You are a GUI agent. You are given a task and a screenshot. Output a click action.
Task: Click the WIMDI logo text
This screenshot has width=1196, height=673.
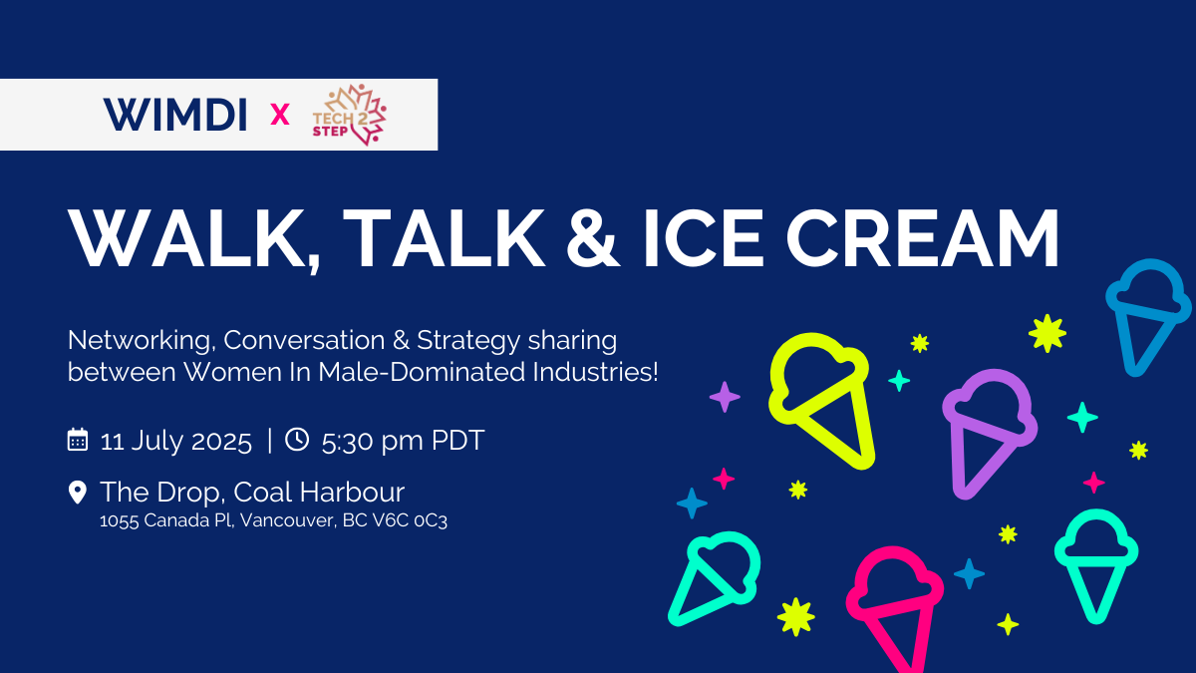pos(175,115)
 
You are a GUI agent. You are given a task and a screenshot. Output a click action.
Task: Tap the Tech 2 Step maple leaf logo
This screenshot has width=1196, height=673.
pos(349,115)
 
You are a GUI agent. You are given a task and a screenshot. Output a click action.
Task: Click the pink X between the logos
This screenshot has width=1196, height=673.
pos(280,115)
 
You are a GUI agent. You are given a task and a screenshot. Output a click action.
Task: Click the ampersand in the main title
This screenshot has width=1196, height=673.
pos(593,237)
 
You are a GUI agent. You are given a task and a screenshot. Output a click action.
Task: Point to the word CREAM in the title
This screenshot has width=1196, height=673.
pos(923,237)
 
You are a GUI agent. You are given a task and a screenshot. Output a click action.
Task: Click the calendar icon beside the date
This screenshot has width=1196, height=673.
pos(78,440)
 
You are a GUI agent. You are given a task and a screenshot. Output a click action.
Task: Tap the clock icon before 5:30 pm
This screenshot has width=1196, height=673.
pos(297,439)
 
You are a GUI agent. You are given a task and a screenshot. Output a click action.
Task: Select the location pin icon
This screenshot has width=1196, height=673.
pos(78,493)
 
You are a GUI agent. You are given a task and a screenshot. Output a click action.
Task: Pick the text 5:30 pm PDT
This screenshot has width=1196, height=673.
pos(403,441)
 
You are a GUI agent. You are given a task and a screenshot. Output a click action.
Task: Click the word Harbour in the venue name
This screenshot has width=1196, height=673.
pos(352,492)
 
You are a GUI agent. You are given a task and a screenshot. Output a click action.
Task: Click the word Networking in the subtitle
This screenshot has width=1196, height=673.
pos(142,341)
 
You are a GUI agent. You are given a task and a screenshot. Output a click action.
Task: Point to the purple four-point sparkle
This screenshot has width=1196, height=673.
pos(725,397)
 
